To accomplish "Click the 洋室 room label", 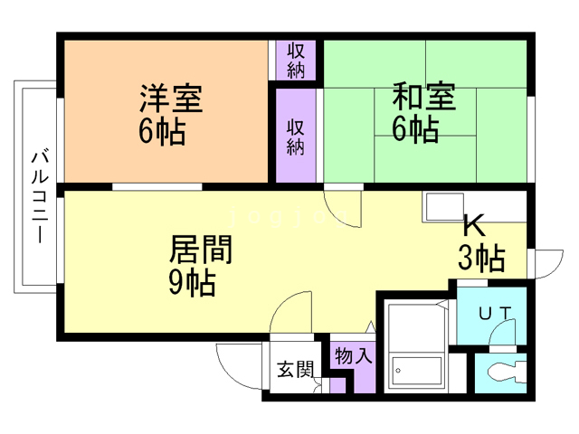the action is [171, 99].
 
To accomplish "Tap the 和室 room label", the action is [423, 97].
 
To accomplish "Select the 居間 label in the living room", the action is [201, 250].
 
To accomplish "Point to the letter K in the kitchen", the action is [474, 225].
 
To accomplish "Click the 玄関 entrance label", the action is [295, 369].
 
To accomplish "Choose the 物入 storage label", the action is [353, 355].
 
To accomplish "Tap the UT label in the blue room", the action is [495, 314].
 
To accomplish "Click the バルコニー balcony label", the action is [40, 197].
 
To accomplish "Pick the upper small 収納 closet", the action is [296, 61].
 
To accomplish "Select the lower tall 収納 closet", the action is [296, 136].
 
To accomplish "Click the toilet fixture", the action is [506, 372].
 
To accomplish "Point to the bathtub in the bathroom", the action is [416, 371].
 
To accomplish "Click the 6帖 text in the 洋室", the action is [162, 131].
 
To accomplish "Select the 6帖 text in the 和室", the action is [415, 129].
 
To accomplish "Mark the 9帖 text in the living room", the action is [193, 283].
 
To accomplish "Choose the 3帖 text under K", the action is [481, 258].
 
